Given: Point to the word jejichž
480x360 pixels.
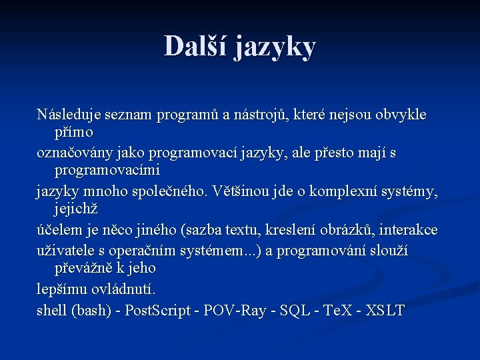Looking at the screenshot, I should click(76, 209).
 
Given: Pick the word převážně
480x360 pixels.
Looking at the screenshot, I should click(82, 267).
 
